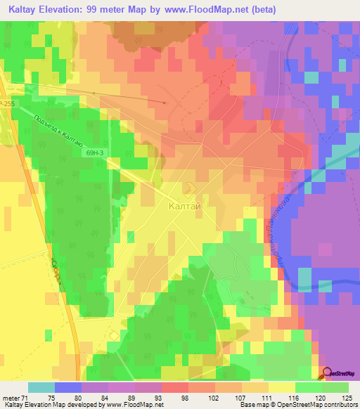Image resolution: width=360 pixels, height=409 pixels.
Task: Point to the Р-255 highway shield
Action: (6, 103)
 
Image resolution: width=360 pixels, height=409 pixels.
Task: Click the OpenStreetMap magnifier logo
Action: (328, 373)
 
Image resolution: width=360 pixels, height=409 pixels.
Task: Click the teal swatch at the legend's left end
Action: (41, 387)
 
